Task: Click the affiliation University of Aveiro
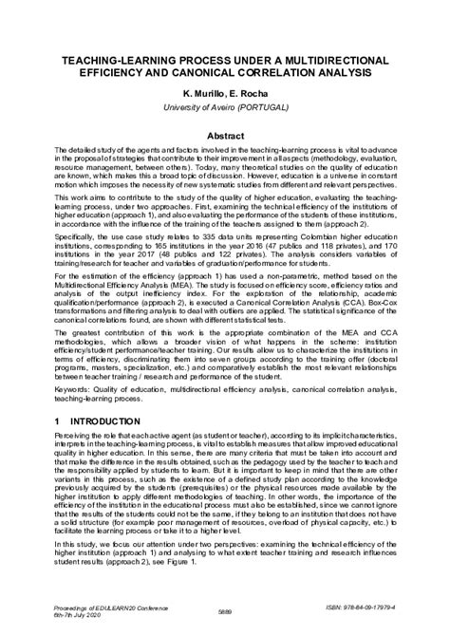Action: coord(198,108)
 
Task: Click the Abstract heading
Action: coord(225,136)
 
